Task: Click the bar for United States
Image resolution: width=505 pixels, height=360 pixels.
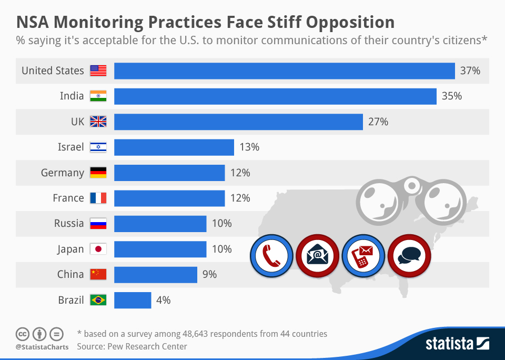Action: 284,71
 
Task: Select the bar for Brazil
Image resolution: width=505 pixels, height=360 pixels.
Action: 133,300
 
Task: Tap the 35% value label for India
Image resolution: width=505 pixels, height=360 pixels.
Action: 451,96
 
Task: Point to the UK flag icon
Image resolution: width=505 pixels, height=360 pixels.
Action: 98,122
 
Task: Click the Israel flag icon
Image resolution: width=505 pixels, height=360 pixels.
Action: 98,147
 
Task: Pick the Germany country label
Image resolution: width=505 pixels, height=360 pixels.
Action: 63,173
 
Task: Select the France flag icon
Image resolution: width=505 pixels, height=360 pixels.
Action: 98,198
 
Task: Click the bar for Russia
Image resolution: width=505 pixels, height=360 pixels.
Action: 160,224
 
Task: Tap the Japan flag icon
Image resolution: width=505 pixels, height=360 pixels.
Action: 98,249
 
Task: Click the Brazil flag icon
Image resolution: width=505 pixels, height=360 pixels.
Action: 98,300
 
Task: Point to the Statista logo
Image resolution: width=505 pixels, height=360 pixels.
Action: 457,344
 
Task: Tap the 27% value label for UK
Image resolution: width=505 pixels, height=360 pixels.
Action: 378,122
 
